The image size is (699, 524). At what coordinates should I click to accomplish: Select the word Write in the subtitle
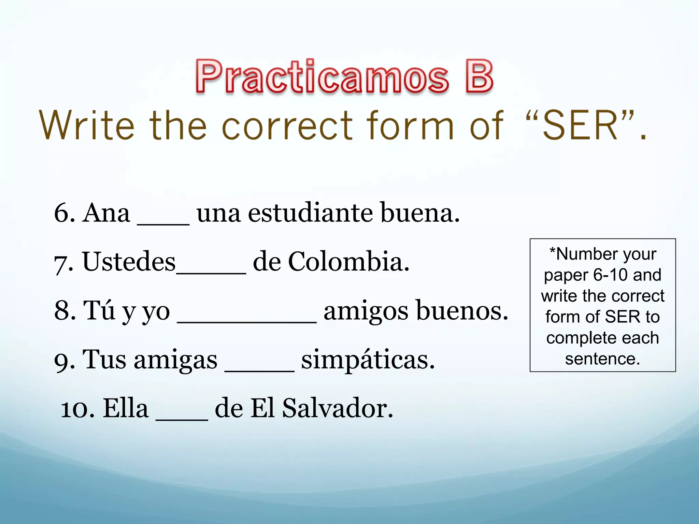87,126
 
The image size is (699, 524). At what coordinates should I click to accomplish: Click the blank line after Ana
163,222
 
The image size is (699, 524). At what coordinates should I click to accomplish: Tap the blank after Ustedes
211,271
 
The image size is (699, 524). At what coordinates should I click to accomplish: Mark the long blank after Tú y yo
246,320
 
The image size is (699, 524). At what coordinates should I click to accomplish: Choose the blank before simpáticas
259,369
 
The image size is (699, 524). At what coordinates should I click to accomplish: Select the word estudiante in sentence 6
310,213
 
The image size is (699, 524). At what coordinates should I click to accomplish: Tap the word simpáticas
368,360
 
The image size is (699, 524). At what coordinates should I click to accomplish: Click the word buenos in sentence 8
462,311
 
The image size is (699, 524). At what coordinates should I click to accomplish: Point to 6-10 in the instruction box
610,275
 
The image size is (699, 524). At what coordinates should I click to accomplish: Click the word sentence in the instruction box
602,359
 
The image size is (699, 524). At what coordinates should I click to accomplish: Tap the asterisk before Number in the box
553,251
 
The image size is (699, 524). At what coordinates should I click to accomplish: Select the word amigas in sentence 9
175,360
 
